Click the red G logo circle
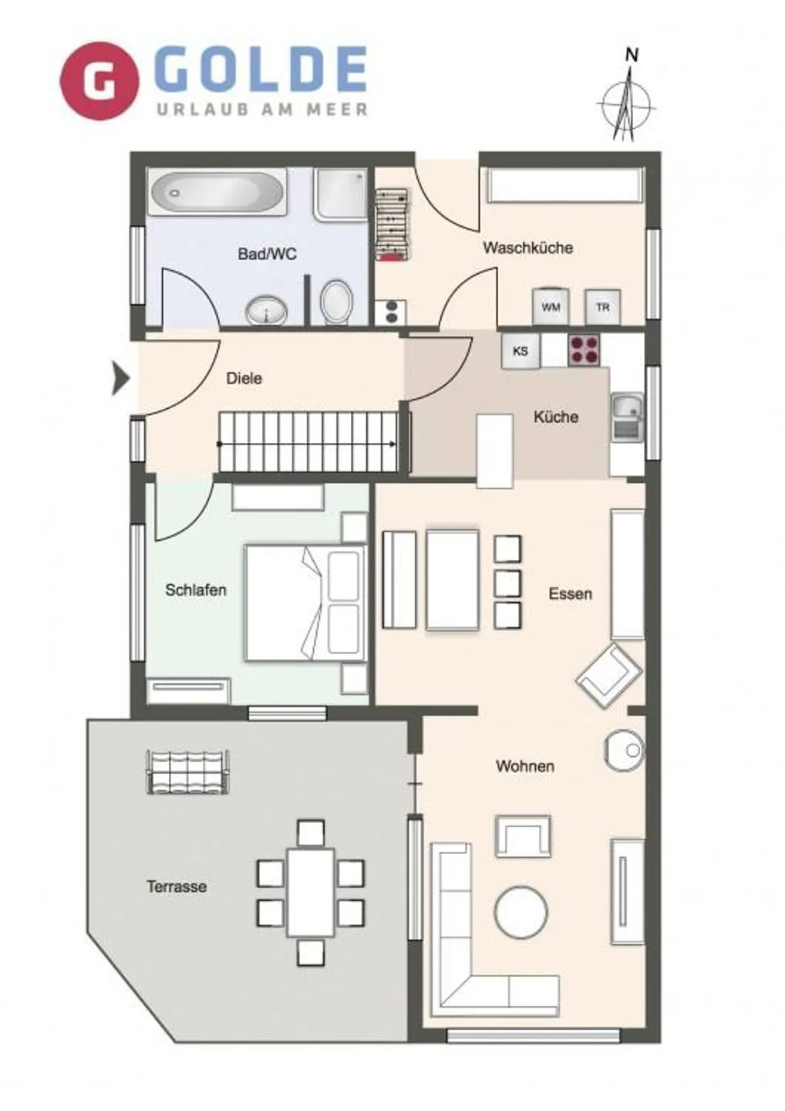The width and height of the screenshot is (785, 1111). coord(99,81)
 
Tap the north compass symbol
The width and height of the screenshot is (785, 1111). coord(627,100)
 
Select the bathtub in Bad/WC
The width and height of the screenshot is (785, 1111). coord(217,192)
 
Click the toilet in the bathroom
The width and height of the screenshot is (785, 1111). coord(336,301)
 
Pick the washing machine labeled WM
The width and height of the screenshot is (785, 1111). coord(551,306)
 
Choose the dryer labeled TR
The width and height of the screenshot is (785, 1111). coord(602,306)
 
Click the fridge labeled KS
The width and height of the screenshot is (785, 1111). coord(521,351)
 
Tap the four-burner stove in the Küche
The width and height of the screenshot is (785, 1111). coord(585,350)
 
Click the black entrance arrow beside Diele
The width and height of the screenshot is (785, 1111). coord(120,378)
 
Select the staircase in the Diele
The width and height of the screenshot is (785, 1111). coord(308,442)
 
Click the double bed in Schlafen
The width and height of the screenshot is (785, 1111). coord(305,603)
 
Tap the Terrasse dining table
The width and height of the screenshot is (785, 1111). coord(311,892)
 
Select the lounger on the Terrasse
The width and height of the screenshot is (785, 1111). coord(188,772)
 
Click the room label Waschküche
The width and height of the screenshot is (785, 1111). coord(527,248)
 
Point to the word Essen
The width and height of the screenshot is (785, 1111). coord(570,593)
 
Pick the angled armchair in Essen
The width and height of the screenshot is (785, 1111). coord(609,675)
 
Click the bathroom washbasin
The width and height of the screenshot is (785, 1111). coord(266,312)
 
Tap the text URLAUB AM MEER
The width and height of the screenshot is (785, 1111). coord(262,110)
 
